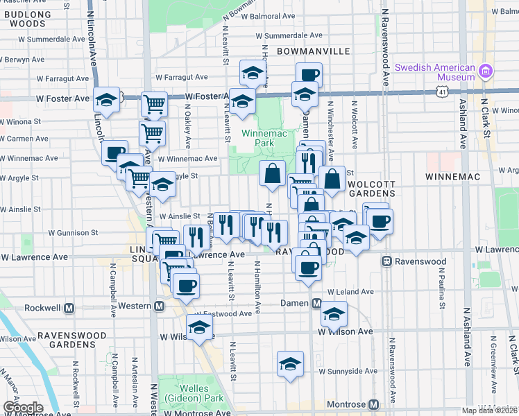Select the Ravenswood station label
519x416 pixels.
(x=415, y=262)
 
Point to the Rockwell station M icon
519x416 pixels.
(x=69, y=307)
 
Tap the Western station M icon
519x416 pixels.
(x=159, y=306)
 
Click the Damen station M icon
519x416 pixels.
(x=315, y=304)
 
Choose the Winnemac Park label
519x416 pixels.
(x=259, y=137)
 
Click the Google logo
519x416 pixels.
(x=22, y=407)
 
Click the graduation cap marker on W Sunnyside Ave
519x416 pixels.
(x=290, y=363)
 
